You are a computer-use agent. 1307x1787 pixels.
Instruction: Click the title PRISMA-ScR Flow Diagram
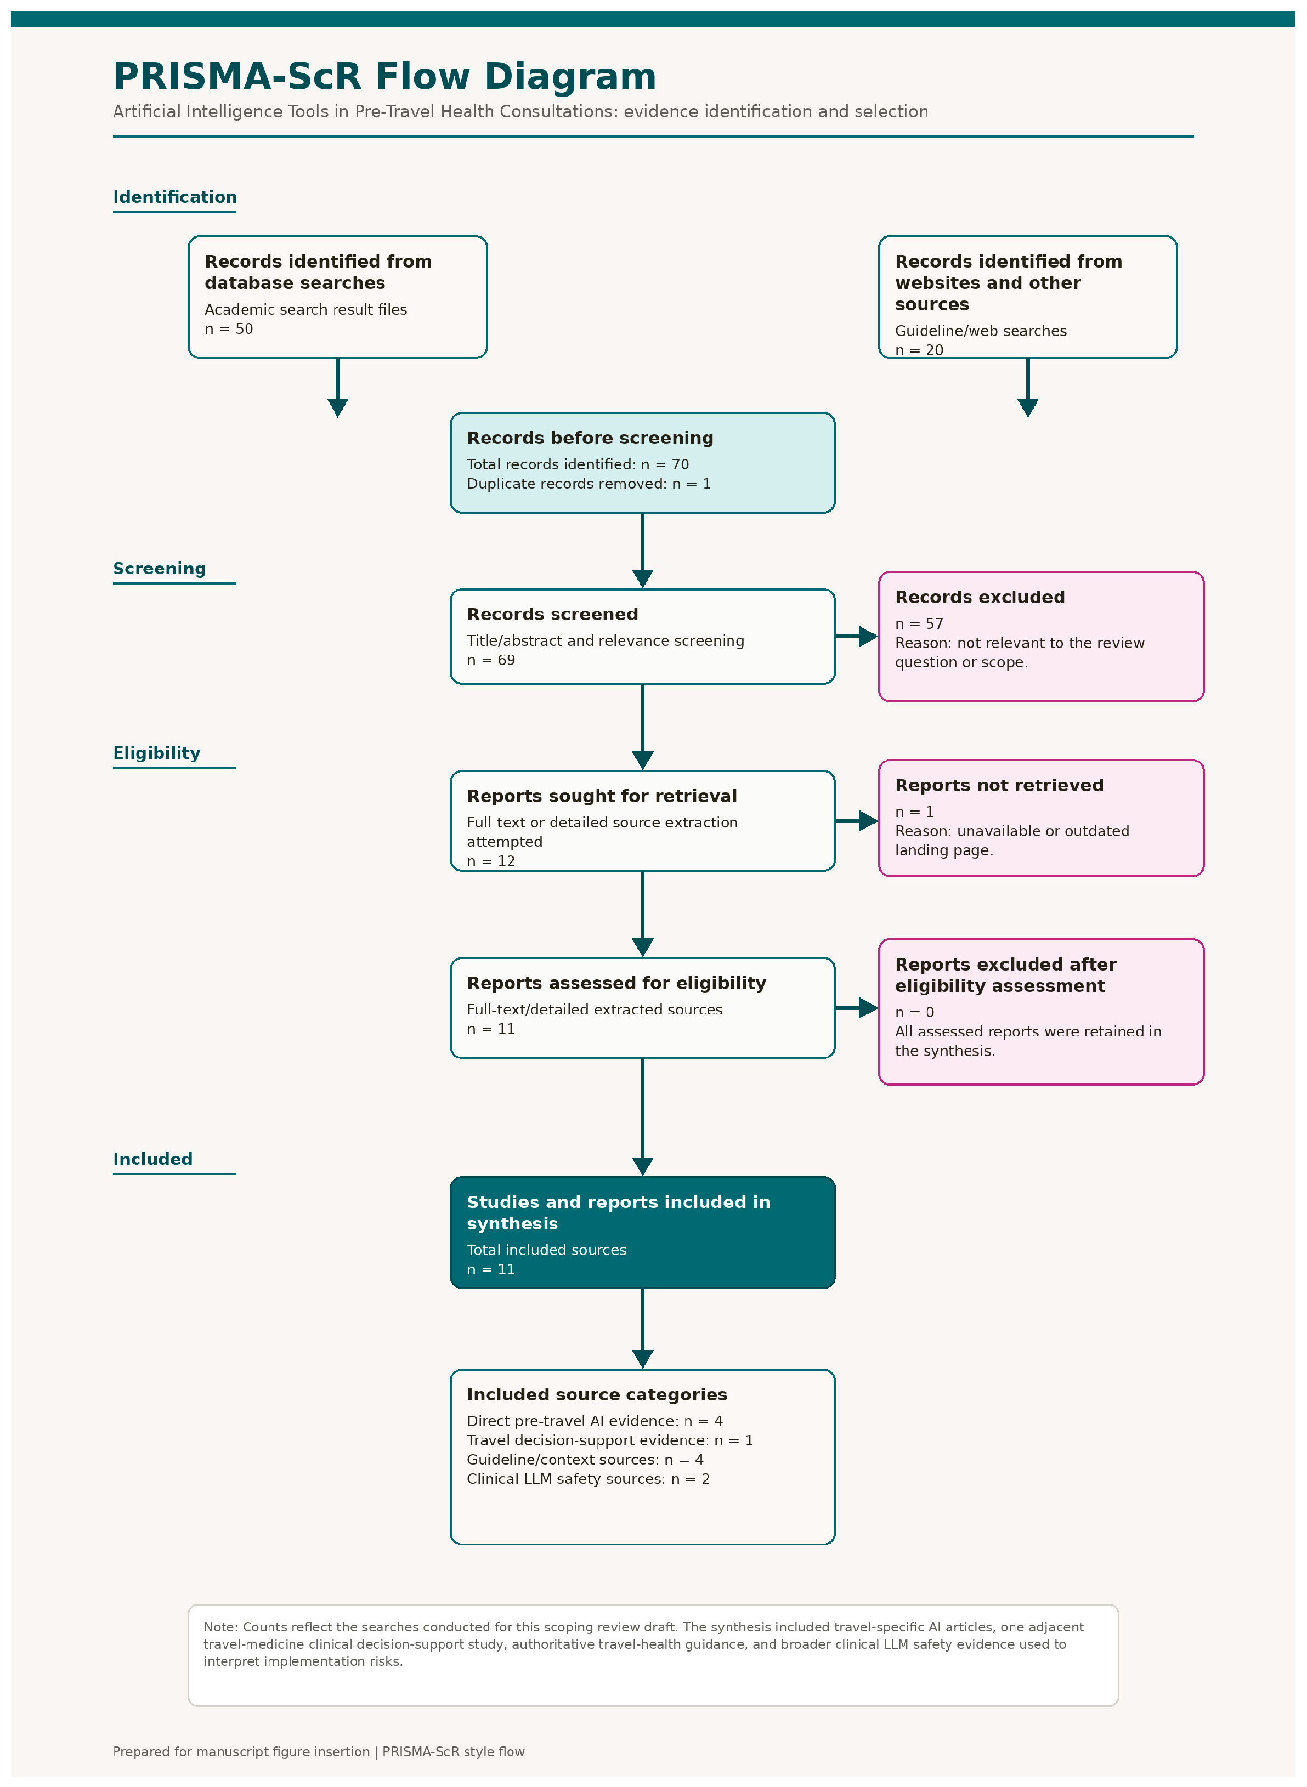tap(384, 77)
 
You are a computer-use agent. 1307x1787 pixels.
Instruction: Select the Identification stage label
tap(175, 197)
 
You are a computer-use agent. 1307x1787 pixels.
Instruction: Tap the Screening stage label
tap(159, 568)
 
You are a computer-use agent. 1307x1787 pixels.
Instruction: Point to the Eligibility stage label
tap(157, 752)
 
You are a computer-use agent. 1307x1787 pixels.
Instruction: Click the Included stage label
tap(152, 1159)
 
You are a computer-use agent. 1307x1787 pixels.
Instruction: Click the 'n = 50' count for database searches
tap(229, 329)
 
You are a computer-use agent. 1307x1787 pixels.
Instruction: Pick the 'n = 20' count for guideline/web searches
tap(919, 350)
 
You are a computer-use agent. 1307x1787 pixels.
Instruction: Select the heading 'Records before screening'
tap(590, 438)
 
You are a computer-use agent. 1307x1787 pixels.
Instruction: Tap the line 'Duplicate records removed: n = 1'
tap(589, 483)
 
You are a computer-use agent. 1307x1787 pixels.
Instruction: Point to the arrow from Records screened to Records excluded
tap(857, 636)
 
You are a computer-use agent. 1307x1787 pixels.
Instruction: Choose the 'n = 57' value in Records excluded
tap(919, 623)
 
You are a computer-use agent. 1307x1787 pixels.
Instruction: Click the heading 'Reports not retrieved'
tap(999, 786)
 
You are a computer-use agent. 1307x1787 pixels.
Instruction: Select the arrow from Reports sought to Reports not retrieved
tap(857, 821)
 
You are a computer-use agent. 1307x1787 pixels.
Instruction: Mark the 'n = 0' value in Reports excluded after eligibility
tap(915, 1013)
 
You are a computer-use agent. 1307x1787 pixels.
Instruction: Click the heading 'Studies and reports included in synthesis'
tap(619, 1213)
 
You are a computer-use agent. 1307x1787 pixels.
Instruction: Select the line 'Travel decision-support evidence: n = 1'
tap(610, 1440)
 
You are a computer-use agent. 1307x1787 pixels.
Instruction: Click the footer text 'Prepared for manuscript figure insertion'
tap(241, 1751)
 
